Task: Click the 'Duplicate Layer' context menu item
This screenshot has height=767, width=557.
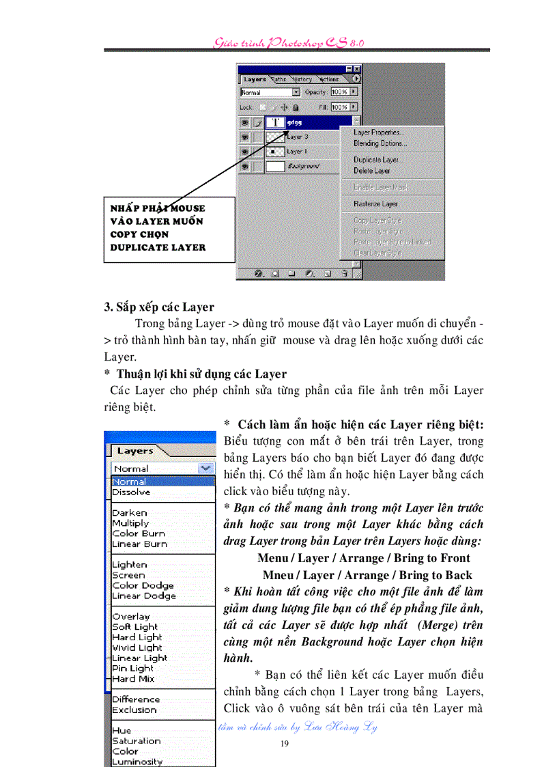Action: click(376, 160)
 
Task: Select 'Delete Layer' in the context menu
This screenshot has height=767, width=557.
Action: click(372, 171)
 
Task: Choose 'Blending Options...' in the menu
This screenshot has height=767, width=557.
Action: click(380, 143)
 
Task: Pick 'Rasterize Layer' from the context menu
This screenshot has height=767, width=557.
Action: click(375, 204)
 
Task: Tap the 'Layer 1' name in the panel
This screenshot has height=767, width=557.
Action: click(297, 151)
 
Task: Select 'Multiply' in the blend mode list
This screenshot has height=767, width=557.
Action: click(130, 523)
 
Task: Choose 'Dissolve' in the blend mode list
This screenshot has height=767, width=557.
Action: click(131, 492)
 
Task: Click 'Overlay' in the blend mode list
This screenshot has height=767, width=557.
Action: click(130, 616)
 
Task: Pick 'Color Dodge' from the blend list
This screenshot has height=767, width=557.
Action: click(143, 585)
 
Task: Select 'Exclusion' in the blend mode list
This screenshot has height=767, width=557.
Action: click(134, 710)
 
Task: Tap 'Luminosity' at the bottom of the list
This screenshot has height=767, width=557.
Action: click(137, 762)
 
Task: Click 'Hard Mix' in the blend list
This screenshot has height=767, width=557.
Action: click(133, 679)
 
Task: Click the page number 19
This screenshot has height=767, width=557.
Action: click(285, 743)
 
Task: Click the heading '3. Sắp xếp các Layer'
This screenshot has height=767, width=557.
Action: click(159, 307)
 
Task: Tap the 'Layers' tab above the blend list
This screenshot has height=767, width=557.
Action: click(134, 451)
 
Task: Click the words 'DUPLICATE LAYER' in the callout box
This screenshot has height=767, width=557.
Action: click(158, 247)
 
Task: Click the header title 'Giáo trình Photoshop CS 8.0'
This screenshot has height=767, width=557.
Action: click(289, 42)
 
